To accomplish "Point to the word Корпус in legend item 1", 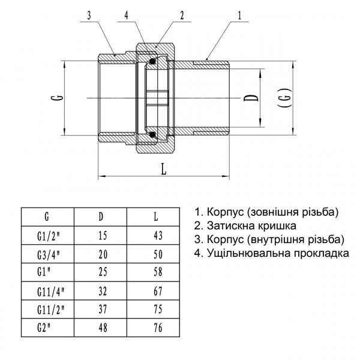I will (223, 212).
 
